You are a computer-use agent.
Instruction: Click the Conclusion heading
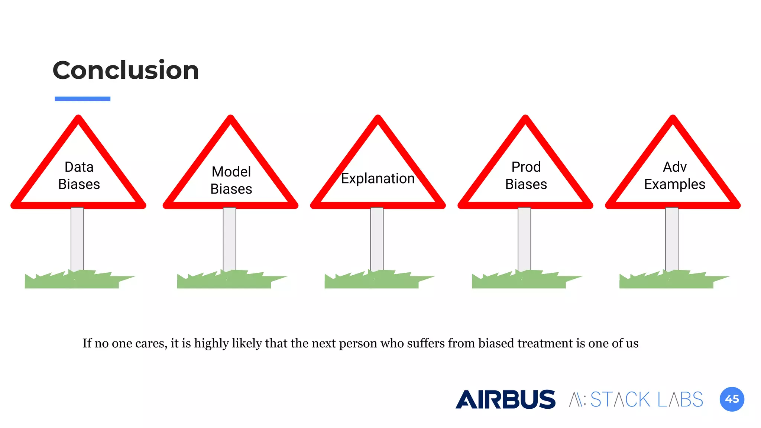(x=126, y=70)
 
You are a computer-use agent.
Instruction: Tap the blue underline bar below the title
(x=82, y=99)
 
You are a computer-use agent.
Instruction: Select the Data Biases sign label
(x=79, y=176)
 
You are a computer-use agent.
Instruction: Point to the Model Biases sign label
(x=231, y=180)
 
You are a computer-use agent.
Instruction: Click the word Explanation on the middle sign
(x=378, y=179)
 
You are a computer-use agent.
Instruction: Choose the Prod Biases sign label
(x=526, y=176)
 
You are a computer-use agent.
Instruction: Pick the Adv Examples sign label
(x=674, y=176)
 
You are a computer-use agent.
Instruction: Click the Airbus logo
(x=505, y=399)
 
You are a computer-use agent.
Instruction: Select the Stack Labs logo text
(x=636, y=400)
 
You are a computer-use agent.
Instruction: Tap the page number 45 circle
(x=732, y=399)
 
